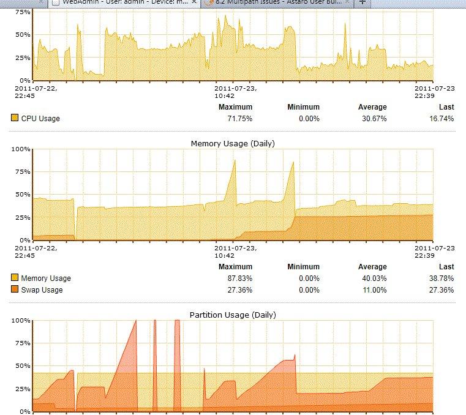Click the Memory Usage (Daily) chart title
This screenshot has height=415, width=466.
pyautogui.click(x=233, y=143)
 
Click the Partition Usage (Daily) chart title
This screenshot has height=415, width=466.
pyautogui.click(x=233, y=315)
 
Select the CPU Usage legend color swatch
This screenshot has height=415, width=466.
pyautogui.click(x=15, y=118)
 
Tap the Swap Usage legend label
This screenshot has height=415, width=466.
pyautogui.click(x=42, y=290)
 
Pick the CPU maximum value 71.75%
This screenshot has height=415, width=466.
pyautogui.click(x=239, y=118)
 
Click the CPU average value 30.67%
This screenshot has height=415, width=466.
pyautogui.click(x=374, y=118)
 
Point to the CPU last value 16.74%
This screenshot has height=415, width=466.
pyautogui.click(x=441, y=118)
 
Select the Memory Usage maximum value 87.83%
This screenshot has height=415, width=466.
pyautogui.click(x=239, y=279)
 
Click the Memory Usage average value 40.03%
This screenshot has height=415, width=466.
pyautogui.click(x=374, y=279)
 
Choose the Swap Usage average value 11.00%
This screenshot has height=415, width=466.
pyautogui.click(x=374, y=290)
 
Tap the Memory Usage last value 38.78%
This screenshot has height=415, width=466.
pyautogui.click(x=441, y=279)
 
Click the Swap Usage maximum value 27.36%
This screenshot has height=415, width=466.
pyautogui.click(x=239, y=290)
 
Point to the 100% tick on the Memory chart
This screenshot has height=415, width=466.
pyautogui.click(x=21, y=149)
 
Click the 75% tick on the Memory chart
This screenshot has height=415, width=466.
pyautogui.click(x=23, y=172)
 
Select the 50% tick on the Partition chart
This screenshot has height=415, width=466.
pyautogui.click(x=23, y=366)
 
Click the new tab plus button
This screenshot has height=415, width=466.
pyautogui.click(x=362, y=2)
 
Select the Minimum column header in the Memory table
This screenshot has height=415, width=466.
pyautogui.click(x=303, y=267)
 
